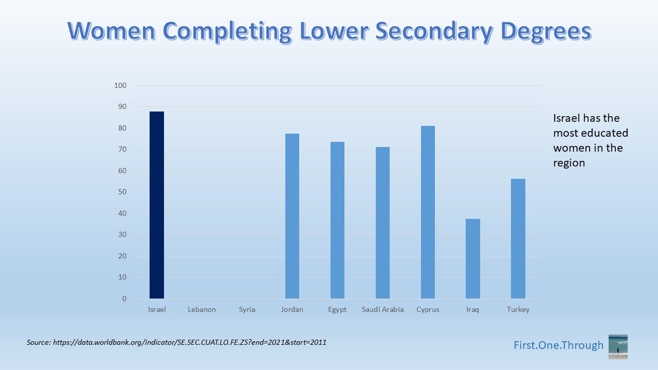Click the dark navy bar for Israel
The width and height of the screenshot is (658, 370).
(x=157, y=205)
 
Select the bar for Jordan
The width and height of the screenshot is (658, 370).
(x=292, y=216)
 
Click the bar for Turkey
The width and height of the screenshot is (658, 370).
(x=518, y=238)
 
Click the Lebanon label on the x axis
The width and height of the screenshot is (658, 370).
(x=202, y=309)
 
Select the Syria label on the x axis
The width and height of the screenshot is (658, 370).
(x=247, y=309)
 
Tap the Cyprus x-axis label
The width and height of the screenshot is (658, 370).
(x=428, y=309)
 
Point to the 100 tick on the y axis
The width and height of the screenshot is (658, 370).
(x=120, y=85)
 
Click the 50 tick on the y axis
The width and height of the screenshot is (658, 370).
(x=122, y=192)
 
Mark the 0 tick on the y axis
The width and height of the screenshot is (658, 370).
(x=124, y=299)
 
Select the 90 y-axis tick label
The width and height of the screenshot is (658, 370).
(x=122, y=107)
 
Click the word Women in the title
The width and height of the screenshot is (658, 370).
(x=111, y=31)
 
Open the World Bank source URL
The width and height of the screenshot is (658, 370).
(x=189, y=342)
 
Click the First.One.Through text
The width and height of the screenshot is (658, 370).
(x=558, y=345)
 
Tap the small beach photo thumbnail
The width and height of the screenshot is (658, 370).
(x=618, y=346)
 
